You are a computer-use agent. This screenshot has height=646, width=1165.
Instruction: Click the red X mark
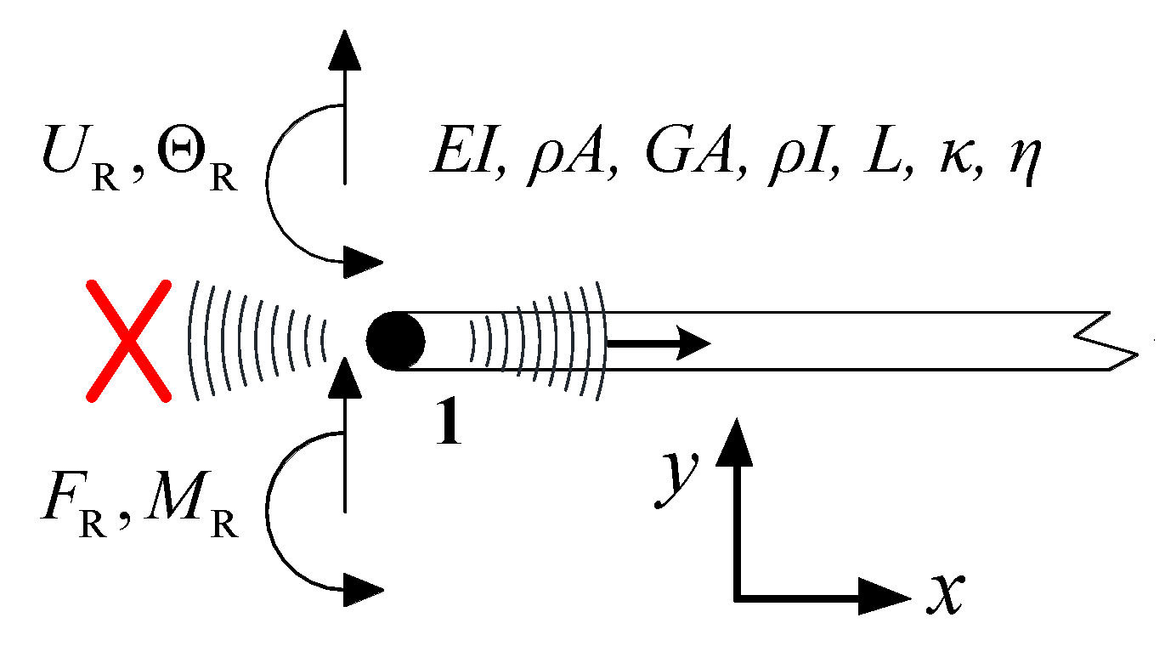[x=127, y=342]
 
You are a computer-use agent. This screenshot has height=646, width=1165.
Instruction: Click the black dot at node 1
[x=395, y=342]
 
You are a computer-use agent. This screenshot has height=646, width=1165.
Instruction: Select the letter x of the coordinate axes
[x=944, y=592]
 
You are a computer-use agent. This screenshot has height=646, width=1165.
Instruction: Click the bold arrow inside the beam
[x=659, y=343]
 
